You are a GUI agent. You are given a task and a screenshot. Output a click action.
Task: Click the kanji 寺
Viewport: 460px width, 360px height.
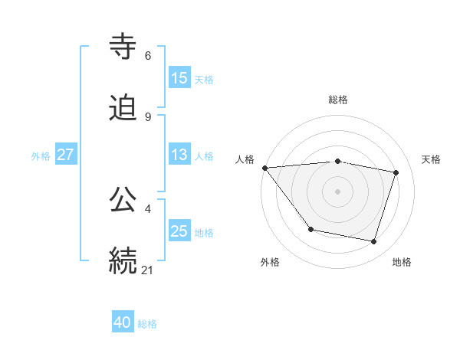pos(123,46)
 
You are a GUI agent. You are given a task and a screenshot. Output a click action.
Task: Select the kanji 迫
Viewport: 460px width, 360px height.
pos(123,109)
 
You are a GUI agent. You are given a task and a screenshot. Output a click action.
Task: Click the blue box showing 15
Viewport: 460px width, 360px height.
pos(179,77)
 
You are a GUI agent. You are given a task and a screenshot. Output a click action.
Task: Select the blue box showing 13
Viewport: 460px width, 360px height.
pos(179,155)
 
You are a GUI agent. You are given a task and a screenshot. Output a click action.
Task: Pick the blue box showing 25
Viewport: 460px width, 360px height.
pos(179,231)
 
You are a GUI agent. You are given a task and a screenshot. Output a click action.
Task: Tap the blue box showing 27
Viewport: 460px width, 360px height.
pos(65,155)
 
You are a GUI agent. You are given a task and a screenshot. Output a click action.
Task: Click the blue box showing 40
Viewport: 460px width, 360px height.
pos(123,322)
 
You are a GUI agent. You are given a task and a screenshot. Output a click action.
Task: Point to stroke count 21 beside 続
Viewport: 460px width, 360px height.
pos(148,270)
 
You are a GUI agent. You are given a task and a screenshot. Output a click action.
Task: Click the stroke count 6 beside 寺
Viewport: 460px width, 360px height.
pos(148,56)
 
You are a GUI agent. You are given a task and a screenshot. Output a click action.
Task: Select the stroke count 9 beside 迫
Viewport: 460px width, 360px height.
pos(148,117)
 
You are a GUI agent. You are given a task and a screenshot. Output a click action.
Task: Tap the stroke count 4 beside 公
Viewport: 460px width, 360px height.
pos(148,208)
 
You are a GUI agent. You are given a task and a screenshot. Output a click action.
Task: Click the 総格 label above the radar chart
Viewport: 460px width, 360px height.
pos(338,100)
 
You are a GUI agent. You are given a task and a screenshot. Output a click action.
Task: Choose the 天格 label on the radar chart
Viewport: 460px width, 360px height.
pos(432,159)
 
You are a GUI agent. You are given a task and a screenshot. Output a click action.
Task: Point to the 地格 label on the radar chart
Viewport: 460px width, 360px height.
pos(402,262)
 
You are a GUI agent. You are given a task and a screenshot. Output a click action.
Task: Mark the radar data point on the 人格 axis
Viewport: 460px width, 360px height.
pos(264,168)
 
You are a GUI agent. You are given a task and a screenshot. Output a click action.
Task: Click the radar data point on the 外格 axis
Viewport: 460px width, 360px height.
pos(310,229)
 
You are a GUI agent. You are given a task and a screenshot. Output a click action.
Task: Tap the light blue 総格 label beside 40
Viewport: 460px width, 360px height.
pos(147,324)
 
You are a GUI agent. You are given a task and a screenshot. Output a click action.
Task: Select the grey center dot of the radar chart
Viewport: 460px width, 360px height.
pos(338,191)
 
